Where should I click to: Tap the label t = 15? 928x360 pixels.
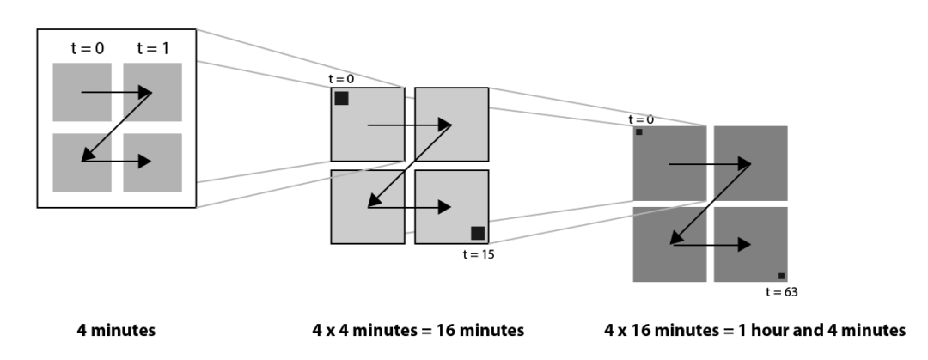coord(479,254)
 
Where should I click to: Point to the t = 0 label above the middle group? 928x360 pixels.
coord(341,79)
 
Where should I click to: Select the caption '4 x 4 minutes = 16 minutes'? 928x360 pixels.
coord(418,329)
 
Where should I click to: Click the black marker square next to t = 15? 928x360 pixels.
coord(478,233)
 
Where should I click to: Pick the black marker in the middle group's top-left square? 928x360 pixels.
coord(341,98)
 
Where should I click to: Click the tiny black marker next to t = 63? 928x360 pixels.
coord(781,276)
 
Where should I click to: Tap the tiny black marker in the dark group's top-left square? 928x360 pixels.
coord(639,132)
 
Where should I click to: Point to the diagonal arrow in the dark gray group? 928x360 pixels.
coord(711,203)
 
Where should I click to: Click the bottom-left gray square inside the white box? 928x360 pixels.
coord(82,162)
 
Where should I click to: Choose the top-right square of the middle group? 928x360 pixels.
coord(451,124)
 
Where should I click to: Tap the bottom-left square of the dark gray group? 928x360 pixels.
coord(669,244)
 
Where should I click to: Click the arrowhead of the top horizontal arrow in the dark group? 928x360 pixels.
coord(747,162)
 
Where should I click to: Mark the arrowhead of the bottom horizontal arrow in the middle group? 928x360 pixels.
coord(444,207)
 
